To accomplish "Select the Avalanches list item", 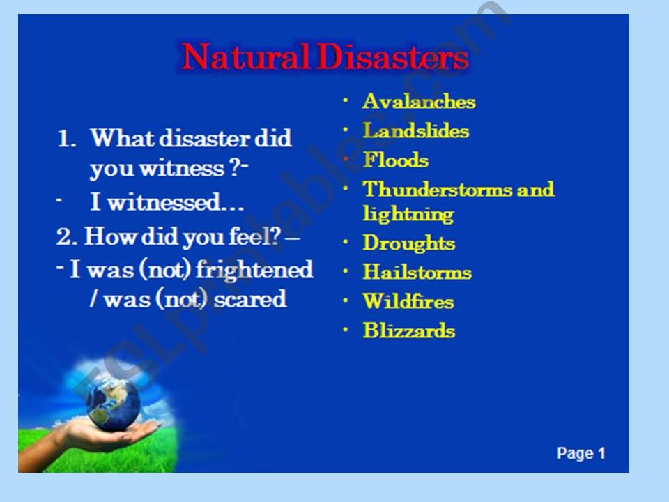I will point(419,102).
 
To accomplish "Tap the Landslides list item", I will point(416,131).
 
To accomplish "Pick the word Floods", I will point(396,160).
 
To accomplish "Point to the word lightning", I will point(408,214).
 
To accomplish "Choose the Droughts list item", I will point(409,243).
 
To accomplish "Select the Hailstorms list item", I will point(417,273).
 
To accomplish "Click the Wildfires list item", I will point(408,302).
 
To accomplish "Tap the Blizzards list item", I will point(409,331).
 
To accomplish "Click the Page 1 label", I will point(581,454).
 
